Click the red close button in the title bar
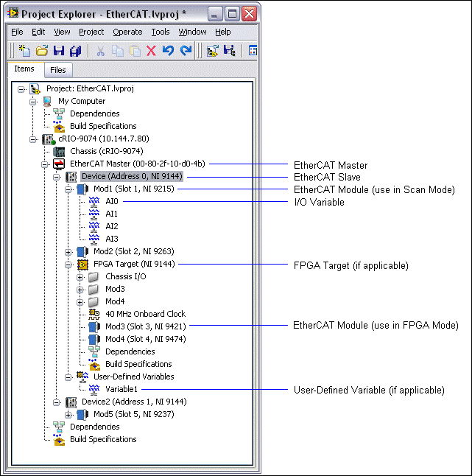[x=250, y=14]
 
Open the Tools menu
[x=161, y=32]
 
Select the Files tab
[x=58, y=70]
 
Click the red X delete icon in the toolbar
[x=151, y=51]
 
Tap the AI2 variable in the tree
[x=112, y=226]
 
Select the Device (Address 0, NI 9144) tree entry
[x=132, y=176]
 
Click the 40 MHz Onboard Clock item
[x=145, y=314]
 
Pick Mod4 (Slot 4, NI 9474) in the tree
[x=146, y=339]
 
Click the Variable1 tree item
[x=121, y=389]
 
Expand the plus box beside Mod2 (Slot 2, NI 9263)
[x=68, y=252]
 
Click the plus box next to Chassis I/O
[x=80, y=277]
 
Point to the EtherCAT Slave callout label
[x=327, y=177]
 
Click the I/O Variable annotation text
[x=319, y=202]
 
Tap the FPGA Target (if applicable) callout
[x=351, y=265]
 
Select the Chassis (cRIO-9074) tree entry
[x=107, y=151]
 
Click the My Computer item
[x=82, y=101]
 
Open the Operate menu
[x=127, y=32]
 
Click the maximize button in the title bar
[x=233, y=14]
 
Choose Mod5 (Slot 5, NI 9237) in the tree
[x=134, y=414]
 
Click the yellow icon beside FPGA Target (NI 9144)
[x=82, y=265]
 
